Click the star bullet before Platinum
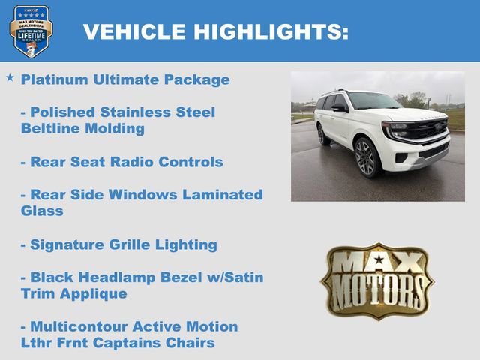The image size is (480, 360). coord(10,77)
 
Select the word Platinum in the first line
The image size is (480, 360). coord(55,79)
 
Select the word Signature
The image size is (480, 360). coord(64,244)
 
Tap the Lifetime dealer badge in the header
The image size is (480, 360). coord(31,31)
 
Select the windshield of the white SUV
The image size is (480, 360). coord(373,101)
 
